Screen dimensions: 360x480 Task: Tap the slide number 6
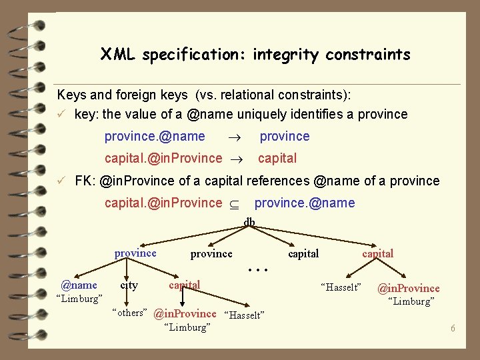point(452,329)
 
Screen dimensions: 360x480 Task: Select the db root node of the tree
point(249,222)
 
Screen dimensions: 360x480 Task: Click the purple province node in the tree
point(135,253)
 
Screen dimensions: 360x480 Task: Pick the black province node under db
point(211,253)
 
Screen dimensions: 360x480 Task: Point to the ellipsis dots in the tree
point(257,271)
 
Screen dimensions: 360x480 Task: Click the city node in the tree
point(129,285)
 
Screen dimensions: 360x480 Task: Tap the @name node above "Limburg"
point(79,285)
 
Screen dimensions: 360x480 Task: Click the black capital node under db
point(303,253)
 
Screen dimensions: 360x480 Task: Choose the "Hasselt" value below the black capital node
point(341,287)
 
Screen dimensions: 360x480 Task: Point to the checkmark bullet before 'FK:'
point(61,181)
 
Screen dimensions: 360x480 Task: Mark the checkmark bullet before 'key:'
point(61,114)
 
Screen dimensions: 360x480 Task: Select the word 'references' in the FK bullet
point(278,181)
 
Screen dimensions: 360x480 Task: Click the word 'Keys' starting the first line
point(71,95)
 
